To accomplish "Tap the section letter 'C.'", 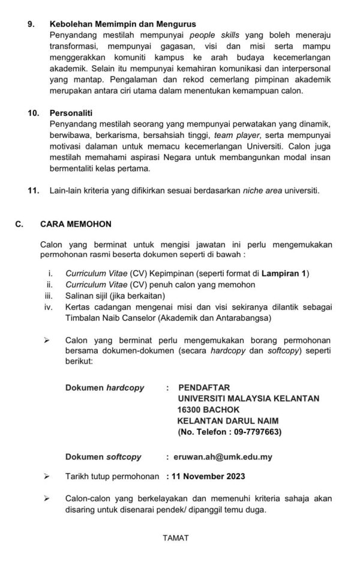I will point(19,224).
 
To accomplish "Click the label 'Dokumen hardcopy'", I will point(104,387).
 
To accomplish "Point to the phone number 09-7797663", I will point(251,431).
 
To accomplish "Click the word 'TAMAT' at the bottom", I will point(176,538).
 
